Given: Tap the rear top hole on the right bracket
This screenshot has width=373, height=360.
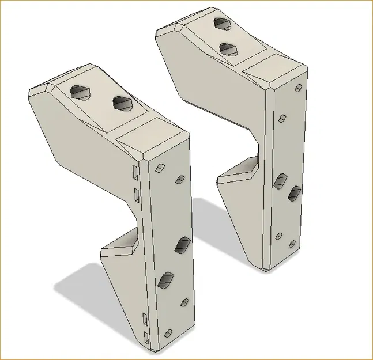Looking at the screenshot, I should pyautogui.click(x=221, y=24).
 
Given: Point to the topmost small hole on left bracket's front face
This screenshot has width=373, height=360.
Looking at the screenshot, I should pyautogui.click(x=159, y=168).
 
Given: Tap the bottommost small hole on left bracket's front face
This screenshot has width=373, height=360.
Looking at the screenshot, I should pyautogui.click(x=168, y=334).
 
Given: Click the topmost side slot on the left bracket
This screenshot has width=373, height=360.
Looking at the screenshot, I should pyautogui.click(x=135, y=171).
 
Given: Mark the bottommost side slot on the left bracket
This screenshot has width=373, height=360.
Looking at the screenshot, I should pyautogui.click(x=146, y=336).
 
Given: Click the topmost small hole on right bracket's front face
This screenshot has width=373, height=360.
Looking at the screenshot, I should pyautogui.click(x=298, y=88).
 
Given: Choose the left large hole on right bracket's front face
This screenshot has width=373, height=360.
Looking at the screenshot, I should pyautogui.click(x=281, y=181).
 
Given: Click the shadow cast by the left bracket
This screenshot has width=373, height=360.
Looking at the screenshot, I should pyautogui.click(x=81, y=288).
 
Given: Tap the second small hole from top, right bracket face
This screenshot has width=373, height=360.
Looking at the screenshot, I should pyautogui.click(x=282, y=118).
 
